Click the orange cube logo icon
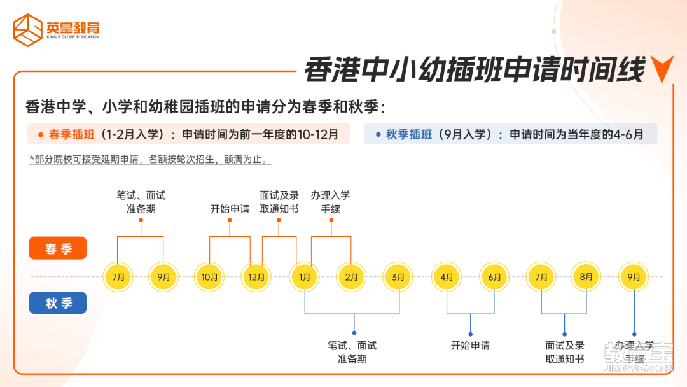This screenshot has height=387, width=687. (27, 30)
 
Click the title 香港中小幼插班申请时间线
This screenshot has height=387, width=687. (475, 69)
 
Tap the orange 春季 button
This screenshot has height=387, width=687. (58, 248)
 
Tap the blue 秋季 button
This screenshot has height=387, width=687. (58, 303)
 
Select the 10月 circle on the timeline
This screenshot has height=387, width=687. (209, 277)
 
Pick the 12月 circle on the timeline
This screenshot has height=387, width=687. (256, 277)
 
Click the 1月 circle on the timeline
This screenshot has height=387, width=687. (305, 277)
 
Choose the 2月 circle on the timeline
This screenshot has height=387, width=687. (351, 277)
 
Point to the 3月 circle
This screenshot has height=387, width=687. (398, 277)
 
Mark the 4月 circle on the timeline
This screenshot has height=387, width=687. (447, 277)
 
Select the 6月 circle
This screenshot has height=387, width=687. (494, 277)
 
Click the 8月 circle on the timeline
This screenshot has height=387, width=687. (586, 277)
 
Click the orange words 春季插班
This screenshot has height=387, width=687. (71, 134)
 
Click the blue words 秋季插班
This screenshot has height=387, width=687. (409, 134)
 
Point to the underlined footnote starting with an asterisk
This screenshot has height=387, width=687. (150, 160)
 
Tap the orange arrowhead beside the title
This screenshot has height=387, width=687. (662, 69)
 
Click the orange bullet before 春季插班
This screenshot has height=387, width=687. (41, 135)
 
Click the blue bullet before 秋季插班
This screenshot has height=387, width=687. (378, 134)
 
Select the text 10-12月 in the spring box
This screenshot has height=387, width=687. (317, 134)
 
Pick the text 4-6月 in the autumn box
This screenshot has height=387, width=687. (628, 134)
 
